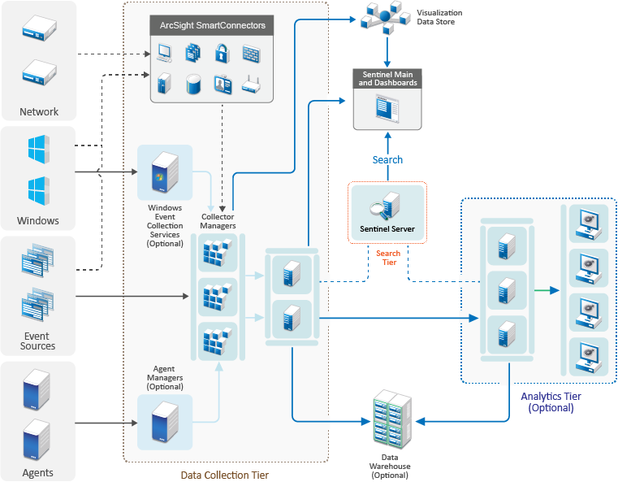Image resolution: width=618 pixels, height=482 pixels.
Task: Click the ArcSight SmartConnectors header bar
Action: [213, 26]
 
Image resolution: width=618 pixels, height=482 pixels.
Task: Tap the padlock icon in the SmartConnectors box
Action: [221, 54]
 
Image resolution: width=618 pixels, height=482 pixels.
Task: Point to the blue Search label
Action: [387, 159]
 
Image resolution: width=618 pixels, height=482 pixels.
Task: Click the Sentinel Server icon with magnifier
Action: [385, 206]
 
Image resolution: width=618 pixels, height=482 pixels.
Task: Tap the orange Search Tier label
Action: [388, 258]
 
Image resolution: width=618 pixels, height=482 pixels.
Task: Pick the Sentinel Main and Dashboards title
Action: [387, 78]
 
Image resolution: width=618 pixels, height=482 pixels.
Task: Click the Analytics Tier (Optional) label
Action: [551, 402]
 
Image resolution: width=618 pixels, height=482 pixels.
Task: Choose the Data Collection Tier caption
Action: [224, 475]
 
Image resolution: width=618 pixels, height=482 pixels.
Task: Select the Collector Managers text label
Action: [218, 221]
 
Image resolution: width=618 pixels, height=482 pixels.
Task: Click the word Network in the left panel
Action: [39, 112]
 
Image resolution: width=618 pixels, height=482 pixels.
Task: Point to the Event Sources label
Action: [38, 341]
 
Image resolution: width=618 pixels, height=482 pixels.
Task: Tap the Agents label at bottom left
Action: [37, 472]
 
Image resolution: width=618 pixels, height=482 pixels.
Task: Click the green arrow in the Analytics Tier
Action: [546, 290]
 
